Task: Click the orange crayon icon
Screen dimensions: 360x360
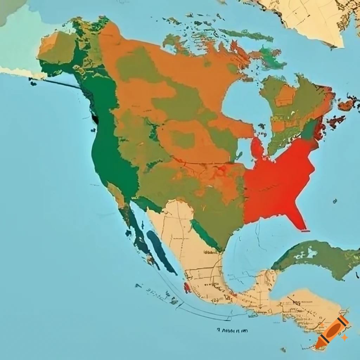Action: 332,332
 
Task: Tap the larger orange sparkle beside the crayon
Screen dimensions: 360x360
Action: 345,337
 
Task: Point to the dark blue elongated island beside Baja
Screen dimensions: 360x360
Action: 161,252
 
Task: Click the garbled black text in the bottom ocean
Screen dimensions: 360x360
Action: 232,331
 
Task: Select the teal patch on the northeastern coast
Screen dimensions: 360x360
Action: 309,130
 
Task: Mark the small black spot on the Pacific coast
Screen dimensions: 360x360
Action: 95,119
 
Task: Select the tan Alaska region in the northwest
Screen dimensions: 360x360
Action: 56,47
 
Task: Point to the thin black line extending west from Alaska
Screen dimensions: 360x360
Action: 56,83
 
